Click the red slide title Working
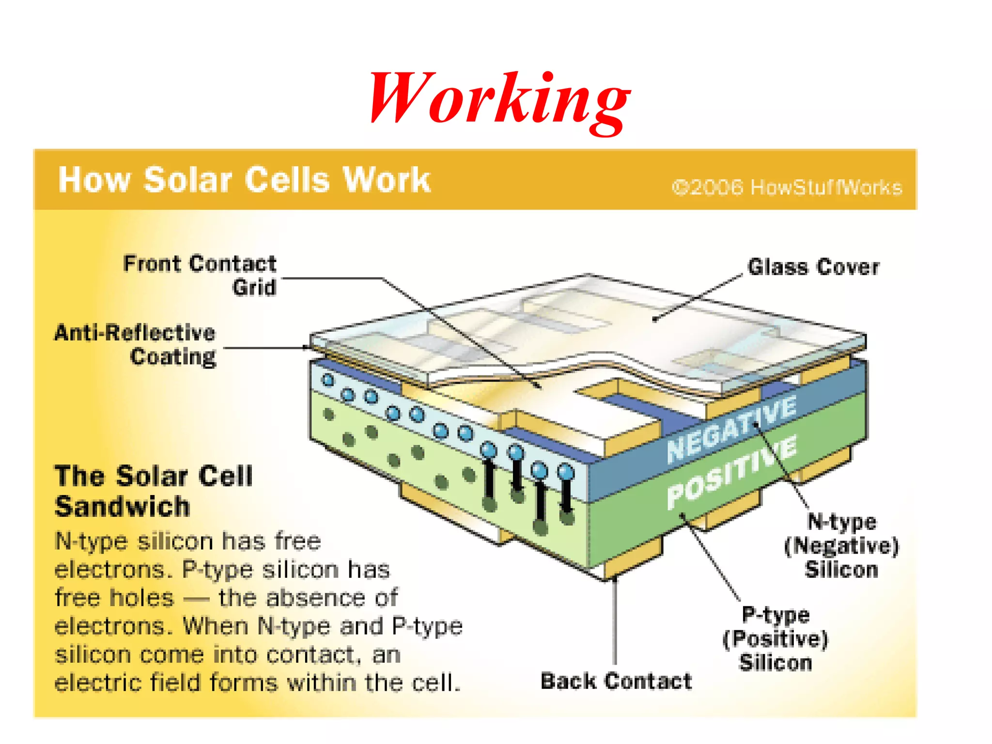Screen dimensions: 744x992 499,99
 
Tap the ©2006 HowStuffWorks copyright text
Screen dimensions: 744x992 787,187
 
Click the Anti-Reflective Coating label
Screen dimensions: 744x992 135,344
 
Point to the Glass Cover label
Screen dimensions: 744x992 813,267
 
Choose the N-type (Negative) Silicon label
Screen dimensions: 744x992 841,545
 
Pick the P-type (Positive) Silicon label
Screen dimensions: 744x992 775,638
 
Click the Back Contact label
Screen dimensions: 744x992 616,681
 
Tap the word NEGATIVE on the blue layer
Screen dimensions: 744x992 731,428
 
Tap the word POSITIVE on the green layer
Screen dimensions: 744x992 731,472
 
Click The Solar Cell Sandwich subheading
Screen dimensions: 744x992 154,491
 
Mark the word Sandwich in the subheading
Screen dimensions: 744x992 123,507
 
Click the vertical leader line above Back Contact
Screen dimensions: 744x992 615,625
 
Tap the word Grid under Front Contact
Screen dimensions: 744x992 254,287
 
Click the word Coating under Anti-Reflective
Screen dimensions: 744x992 173,357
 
